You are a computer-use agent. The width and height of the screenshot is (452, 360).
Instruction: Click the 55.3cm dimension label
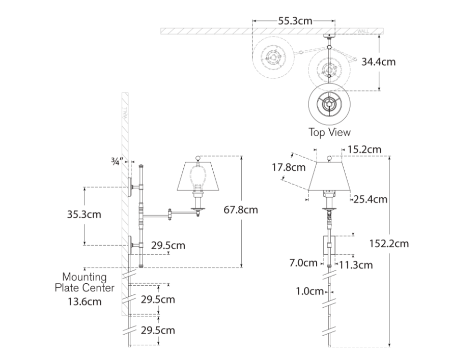click(x=295, y=21)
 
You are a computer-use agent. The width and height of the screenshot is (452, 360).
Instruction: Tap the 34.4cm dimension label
click(x=379, y=62)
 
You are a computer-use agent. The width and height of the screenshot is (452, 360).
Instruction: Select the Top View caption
click(x=330, y=132)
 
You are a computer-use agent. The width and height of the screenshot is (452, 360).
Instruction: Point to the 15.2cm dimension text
click(x=364, y=149)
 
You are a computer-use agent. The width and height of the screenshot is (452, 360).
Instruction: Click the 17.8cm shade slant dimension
click(x=289, y=167)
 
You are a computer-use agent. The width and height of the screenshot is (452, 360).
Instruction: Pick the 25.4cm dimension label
click(x=371, y=199)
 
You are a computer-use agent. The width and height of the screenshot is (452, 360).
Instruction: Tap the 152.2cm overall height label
click(x=389, y=244)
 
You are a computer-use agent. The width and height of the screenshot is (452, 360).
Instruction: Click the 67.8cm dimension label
click(x=241, y=209)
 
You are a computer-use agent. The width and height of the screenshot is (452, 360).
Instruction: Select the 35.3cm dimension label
click(x=84, y=215)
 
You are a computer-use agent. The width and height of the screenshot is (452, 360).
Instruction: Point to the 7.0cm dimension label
click(x=303, y=263)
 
